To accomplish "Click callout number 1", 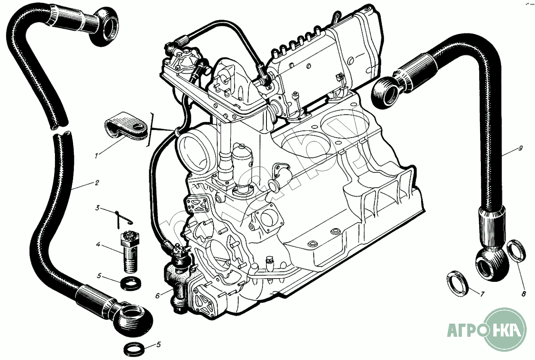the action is (96, 156).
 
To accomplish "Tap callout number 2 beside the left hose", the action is (96, 182).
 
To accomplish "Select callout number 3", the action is (98, 207).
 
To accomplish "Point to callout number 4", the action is (98, 244).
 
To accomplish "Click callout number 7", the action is (482, 294).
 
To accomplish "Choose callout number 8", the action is (523, 294).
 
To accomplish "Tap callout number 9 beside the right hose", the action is (521, 148).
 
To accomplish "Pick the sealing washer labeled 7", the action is (458, 283).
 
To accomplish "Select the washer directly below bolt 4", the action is (131, 284).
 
